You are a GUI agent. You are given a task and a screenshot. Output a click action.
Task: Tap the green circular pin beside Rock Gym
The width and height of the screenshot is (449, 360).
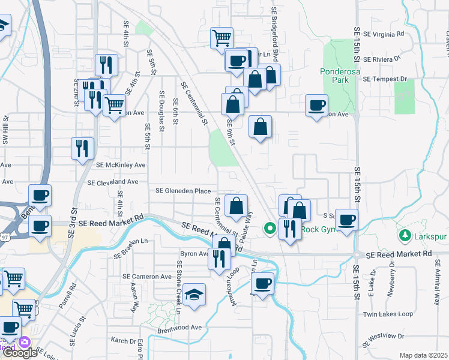270,228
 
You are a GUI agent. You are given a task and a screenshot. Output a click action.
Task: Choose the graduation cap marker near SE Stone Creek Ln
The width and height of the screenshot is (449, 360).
194,295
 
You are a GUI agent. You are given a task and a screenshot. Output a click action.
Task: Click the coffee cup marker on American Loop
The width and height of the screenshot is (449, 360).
262,283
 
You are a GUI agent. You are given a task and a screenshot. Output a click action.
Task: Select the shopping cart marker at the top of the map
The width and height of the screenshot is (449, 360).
221,38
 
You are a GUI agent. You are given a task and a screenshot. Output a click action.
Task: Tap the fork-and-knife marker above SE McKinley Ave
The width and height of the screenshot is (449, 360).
82,148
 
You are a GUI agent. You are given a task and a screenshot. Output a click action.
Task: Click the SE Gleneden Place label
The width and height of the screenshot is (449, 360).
183,191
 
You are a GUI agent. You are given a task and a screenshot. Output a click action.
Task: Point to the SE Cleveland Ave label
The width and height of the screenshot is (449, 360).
113,182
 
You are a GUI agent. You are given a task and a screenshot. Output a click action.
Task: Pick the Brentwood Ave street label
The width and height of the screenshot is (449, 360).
179,328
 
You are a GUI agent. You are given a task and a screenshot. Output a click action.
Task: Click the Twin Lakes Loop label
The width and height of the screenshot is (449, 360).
388,314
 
